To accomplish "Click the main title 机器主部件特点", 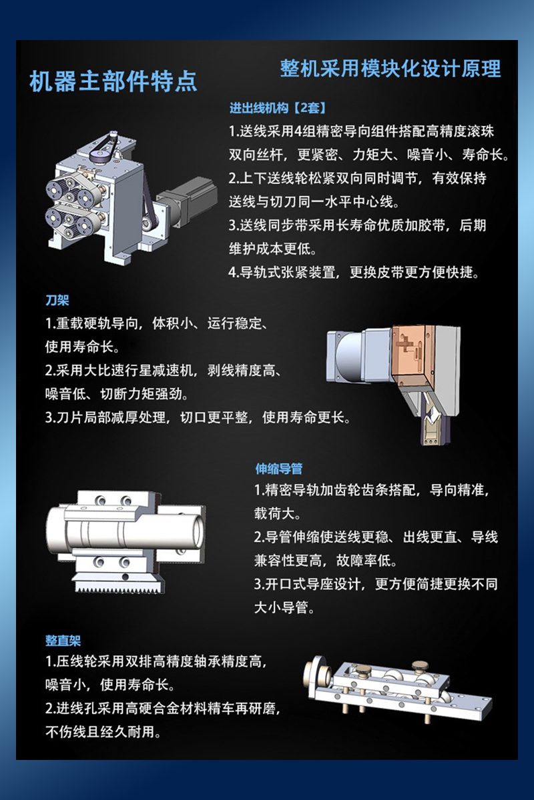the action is (113, 81).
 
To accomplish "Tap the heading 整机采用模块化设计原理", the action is (390, 68).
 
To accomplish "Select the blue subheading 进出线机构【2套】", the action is (278, 108).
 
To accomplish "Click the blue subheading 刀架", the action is (57, 300).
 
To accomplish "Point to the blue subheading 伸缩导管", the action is (278, 469).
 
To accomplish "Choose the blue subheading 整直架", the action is (63, 641).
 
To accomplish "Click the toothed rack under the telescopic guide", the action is (119, 584).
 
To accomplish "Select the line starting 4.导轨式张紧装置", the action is (353, 273).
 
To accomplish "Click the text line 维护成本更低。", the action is (273, 249).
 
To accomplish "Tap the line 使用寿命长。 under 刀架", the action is (82, 347).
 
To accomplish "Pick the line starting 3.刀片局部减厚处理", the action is (198, 417).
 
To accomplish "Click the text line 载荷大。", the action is (278, 513).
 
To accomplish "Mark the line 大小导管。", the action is (284, 607).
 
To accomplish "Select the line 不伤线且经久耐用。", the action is (103, 732).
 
